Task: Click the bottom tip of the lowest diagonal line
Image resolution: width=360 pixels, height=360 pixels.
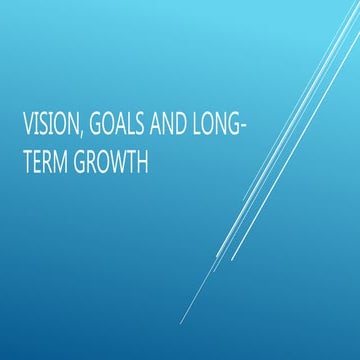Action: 181,323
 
